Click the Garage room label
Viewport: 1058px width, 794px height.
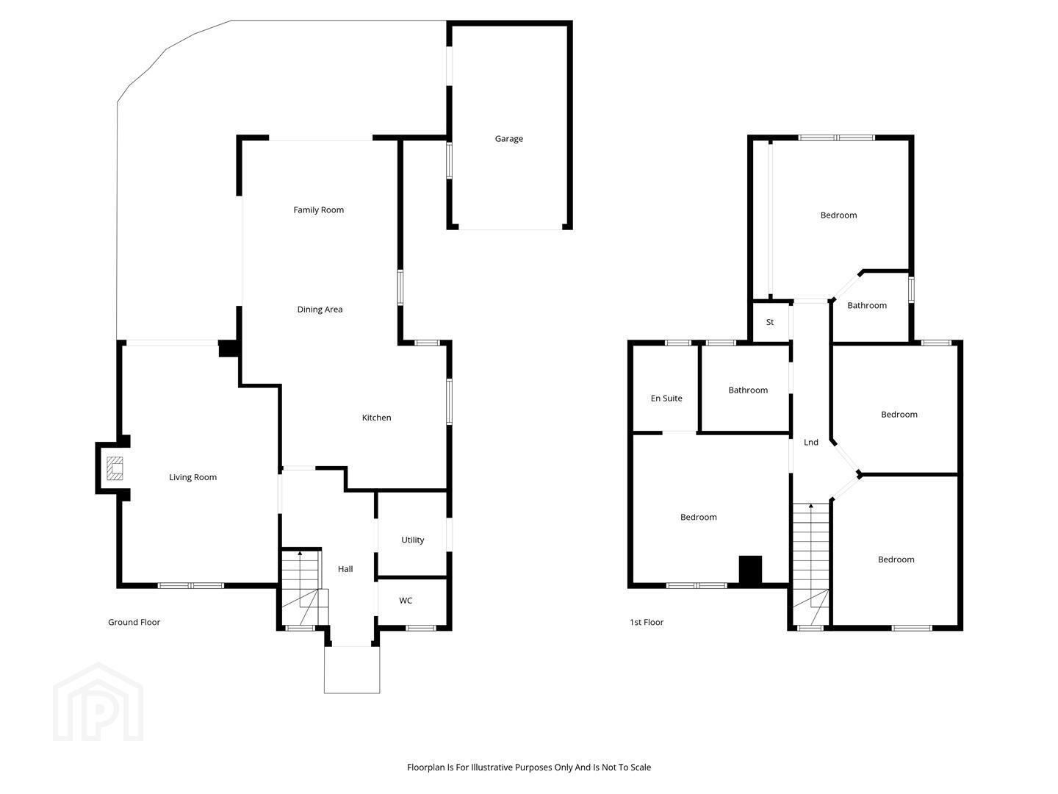point(508,139)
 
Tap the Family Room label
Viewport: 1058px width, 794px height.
point(319,210)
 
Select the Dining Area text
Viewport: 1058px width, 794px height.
point(320,310)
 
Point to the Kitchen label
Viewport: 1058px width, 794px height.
point(376,418)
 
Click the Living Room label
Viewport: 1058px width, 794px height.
point(192,477)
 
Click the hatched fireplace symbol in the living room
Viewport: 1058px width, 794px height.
point(115,468)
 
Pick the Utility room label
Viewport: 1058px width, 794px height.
point(413,540)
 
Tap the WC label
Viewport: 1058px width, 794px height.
point(406,601)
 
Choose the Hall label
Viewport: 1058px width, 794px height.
point(345,569)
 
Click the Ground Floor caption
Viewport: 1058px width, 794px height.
point(134,623)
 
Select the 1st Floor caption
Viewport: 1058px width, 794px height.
point(647,623)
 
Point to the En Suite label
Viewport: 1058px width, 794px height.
point(666,398)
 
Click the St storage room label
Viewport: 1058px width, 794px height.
point(770,322)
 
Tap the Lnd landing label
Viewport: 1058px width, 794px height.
point(810,442)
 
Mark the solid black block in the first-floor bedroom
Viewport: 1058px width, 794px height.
point(750,571)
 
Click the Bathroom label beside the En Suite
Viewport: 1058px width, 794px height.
point(748,390)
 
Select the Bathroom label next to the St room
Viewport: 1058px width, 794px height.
point(867,305)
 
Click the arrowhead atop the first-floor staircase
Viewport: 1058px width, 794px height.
point(811,506)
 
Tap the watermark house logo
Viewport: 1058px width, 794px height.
point(98,702)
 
